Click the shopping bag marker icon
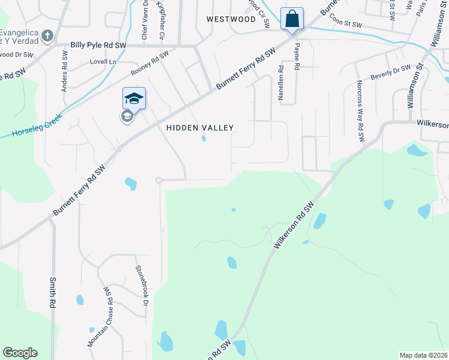pyautogui.click(x=292, y=19)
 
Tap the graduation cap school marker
pyautogui.click(x=134, y=98)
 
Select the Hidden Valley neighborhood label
pyautogui.click(x=199, y=128)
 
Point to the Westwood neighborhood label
pyautogui.click(x=231, y=19)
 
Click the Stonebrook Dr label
pyautogui.click(x=142, y=286)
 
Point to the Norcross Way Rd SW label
pyautogui.click(x=361, y=112)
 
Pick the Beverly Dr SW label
pyautogui.click(x=390, y=73)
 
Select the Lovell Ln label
pyautogui.click(x=103, y=62)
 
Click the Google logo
pyautogui.click(x=20, y=353)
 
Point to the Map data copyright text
pyautogui.click(x=424, y=355)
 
